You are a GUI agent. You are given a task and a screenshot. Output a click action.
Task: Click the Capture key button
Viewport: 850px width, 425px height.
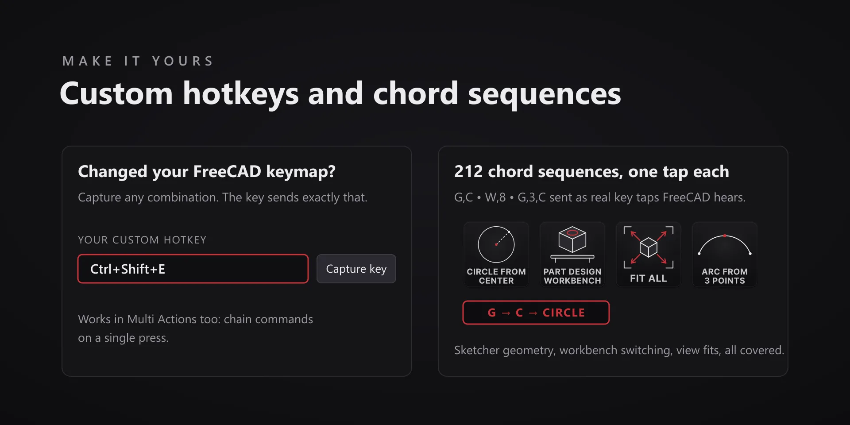[x=356, y=269]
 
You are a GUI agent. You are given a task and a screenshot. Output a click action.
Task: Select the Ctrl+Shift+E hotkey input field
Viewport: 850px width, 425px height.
[x=193, y=269]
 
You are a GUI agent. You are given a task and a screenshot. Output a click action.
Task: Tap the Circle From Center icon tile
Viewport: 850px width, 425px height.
[x=496, y=255]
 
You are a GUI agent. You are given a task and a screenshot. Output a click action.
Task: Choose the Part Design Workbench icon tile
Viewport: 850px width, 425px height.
[x=572, y=255]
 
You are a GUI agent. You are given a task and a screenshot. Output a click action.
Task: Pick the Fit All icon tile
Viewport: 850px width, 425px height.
[x=649, y=255]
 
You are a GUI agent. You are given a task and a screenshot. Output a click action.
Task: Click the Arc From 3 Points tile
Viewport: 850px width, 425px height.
[x=725, y=255]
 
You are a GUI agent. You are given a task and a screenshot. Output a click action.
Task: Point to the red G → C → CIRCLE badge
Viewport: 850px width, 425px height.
[x=536, y=313]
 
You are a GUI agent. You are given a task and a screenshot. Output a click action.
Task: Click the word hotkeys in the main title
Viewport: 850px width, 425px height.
[x=241, y=94]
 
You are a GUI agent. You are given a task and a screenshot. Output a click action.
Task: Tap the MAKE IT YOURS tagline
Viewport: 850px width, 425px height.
[x=138, y=61]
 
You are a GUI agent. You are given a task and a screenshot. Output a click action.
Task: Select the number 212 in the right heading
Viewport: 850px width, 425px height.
[x=468, y=172]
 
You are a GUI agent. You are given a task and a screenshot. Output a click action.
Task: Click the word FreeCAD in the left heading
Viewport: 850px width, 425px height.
[x=227, y=172]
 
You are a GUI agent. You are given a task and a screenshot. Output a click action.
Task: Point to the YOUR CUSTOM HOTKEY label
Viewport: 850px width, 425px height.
[x=142, y=240]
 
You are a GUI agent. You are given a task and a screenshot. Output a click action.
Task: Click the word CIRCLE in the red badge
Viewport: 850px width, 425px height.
[x=564, y=313]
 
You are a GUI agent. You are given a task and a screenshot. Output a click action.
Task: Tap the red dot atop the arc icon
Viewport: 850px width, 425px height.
[x=725, y=236]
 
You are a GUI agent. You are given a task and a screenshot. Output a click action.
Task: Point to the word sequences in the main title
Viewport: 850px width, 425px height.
[x=545, y=94]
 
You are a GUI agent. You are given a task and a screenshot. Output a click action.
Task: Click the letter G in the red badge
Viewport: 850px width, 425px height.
[x=492, y=313]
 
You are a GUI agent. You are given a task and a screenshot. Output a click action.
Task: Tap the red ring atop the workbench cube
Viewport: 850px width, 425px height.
[x=572, y=232]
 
